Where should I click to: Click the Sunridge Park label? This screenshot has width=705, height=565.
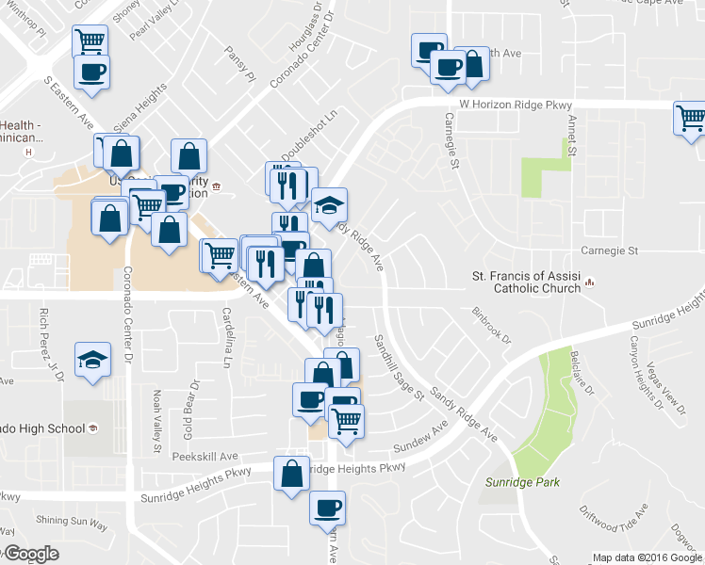point(522,483)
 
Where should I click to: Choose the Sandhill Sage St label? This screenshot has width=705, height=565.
point(399,368)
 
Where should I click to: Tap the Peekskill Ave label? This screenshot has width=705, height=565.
point(205,457)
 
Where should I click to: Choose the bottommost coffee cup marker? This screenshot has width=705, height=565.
point(327,508)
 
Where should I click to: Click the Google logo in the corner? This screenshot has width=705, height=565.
point(30,555)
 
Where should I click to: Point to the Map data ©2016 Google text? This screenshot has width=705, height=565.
point(646,557)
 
